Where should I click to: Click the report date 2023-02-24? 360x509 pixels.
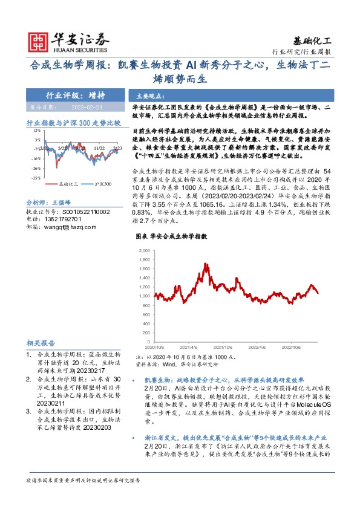point(96,107)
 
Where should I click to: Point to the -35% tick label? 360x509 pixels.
point(37,178)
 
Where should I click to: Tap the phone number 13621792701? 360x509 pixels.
point(66,219)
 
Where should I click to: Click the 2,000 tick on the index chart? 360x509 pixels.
point(146,250)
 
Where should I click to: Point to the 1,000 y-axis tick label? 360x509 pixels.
point(146,296)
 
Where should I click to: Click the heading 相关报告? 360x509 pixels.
point(42,342)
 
